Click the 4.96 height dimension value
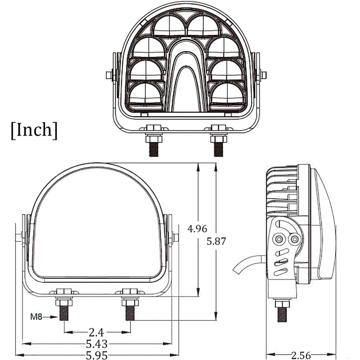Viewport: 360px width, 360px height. click(197, 229)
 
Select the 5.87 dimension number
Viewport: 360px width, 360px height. click(216, 241)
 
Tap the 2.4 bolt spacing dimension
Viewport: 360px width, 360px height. click(96, 332)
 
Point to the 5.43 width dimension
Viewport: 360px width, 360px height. click(97, 344)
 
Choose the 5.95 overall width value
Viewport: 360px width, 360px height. click(97, 355)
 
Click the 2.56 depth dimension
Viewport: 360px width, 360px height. click(301, 355)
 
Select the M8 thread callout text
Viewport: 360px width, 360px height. click(36, 317)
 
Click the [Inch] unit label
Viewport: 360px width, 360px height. click(34, 130)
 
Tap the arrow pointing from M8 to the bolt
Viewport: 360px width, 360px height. click(50, 317)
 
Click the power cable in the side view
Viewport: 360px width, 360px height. click(249, 263)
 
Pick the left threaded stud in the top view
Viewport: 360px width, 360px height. click(154, 149)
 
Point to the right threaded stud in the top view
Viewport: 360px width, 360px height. click(218, 149)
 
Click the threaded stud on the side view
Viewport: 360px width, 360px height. click(282, 315)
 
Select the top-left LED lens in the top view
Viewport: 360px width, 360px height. click(170, 25)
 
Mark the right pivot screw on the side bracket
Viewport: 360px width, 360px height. click(295, 239)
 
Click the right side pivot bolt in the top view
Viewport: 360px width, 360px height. click(263, 75)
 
